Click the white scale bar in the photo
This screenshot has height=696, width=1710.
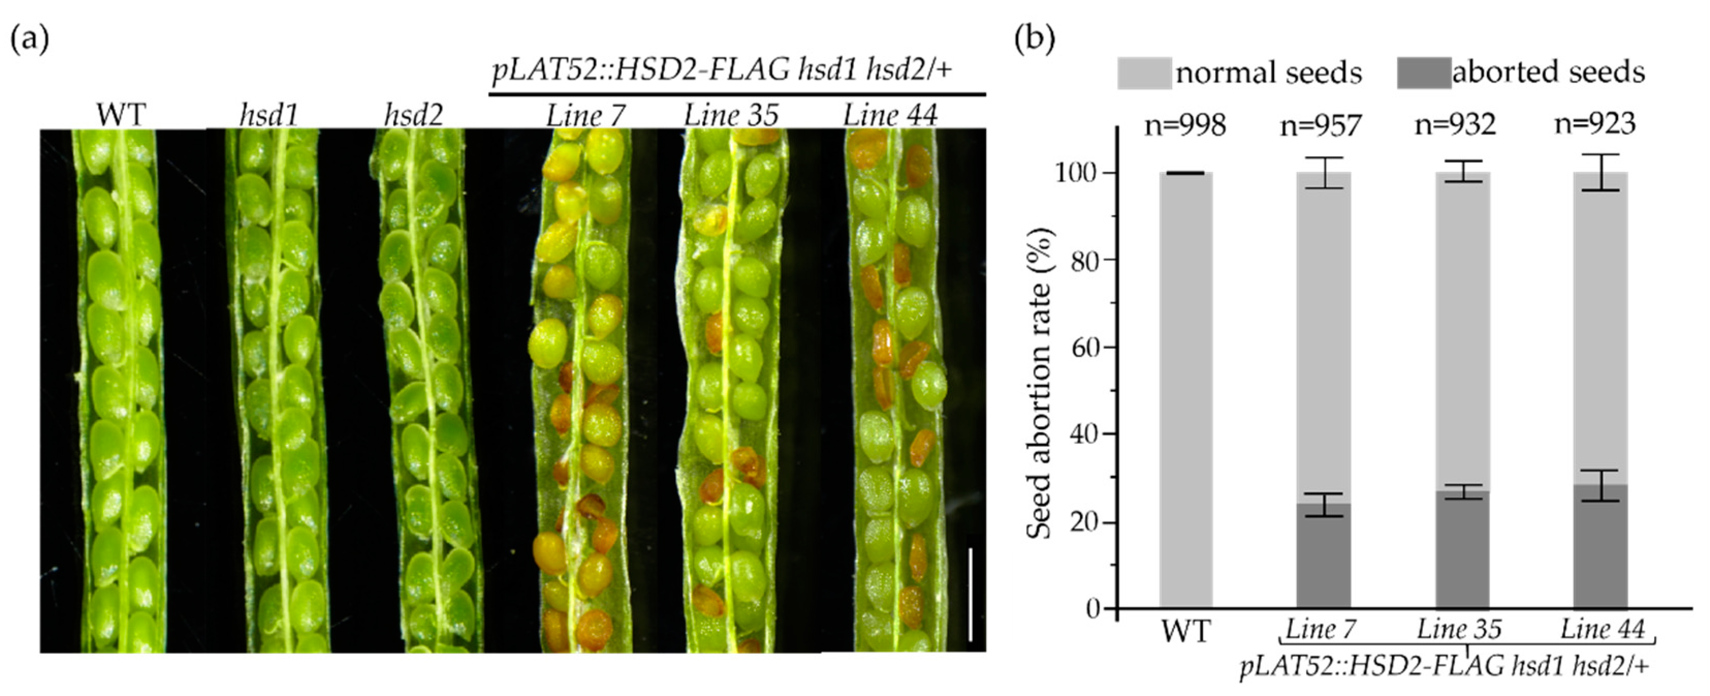coord(971,594)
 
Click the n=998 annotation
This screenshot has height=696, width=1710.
coord(1184,125)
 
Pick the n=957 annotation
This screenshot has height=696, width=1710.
coord(1321,125)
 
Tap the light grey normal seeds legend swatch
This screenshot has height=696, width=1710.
coord(1144,72)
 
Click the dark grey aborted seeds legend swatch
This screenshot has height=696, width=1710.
coord(1424,72)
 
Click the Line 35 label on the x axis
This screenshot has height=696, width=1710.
coord(1459,629)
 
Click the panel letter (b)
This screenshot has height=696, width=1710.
coord(1035,40)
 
